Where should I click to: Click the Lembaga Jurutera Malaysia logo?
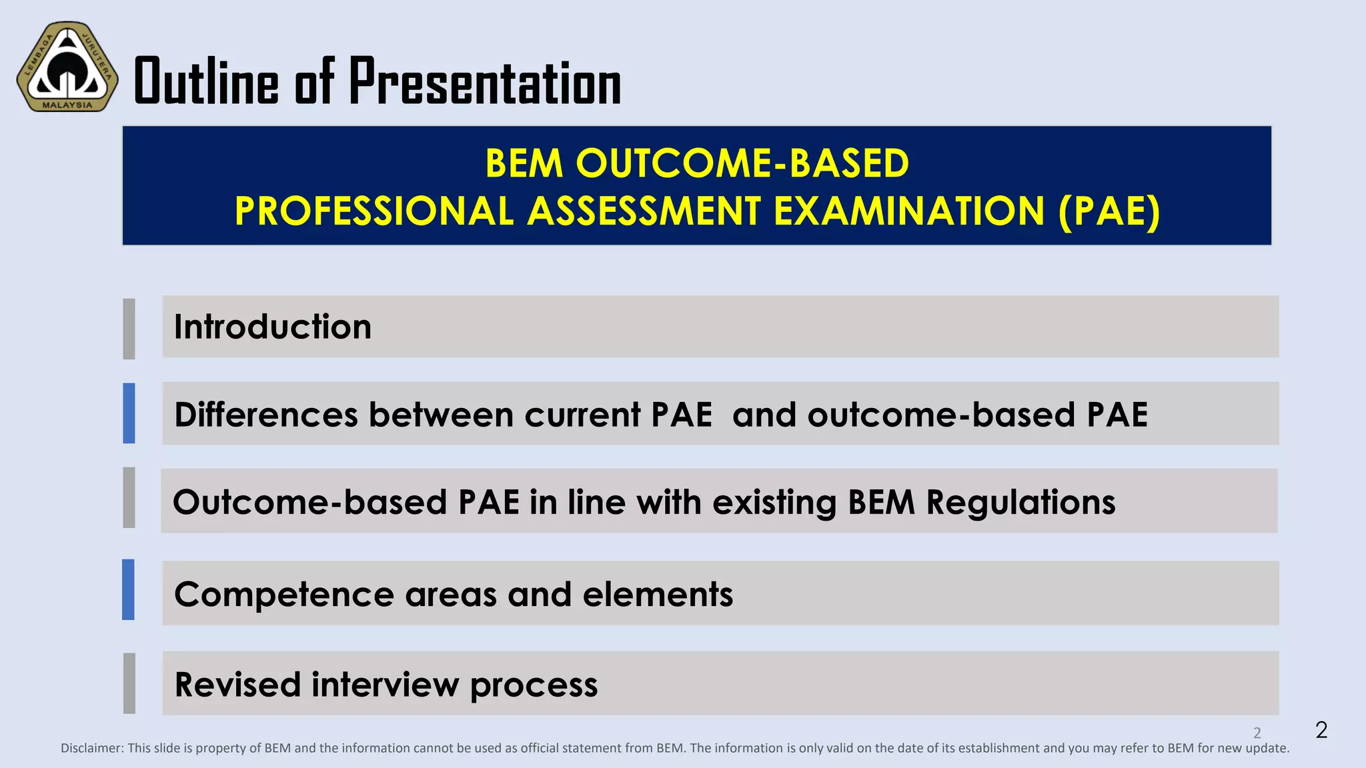[x=67, y=67]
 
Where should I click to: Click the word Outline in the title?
[x=206, y=82]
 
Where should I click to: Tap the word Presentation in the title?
[x=485, y=82]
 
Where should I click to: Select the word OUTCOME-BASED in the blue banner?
[x=742, y=163]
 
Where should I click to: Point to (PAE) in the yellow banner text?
[x=1109, y=211]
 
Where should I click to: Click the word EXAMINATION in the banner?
[x=908, y=211]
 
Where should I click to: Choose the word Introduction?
[x=272, y=327]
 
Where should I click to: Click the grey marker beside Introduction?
[x=129, y=329]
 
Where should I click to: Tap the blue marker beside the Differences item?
[x=129, y=413]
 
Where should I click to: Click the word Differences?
[x=266, y=415]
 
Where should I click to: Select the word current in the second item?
[x=582, y=415]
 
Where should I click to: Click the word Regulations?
[x=1020, y=502]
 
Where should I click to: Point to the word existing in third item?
[x=774, y=502]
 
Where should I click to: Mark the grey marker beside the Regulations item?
[x=129, y=497]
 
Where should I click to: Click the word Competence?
[x=283, y=594]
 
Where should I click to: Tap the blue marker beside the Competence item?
[x=128, y=589]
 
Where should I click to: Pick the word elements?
[x=657, y=594]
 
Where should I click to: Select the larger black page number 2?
[x=1321, y=729]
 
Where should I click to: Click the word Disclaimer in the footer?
[x=92, y=748]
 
